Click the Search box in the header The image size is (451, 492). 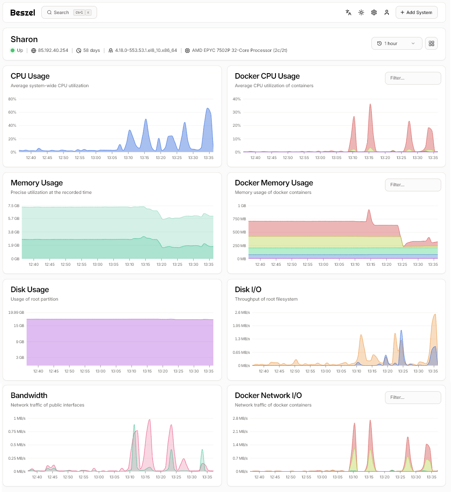[69, 12]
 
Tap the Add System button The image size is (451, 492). [416, 12]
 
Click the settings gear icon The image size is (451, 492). [374, 12]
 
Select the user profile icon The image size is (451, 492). [387, 12]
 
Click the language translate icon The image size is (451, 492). [348, 12]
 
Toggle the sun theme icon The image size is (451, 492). [361, 12]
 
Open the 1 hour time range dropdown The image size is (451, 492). [396, 43]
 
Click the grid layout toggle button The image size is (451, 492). [431, 43]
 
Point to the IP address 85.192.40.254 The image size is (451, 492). [53, 50]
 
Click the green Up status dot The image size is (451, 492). [13, 50]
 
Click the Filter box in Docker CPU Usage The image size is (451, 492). [412, 78]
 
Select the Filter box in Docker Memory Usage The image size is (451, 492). [412, 185]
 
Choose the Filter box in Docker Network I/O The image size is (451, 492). [412, 397]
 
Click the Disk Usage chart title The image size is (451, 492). [30, 290]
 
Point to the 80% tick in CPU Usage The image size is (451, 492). [12, 99]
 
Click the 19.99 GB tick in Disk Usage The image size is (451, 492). [16, 313]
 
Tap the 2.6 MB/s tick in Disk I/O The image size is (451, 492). [242, 313]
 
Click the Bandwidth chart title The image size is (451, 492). [29, 395]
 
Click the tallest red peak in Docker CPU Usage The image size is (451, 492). [371, 105]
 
